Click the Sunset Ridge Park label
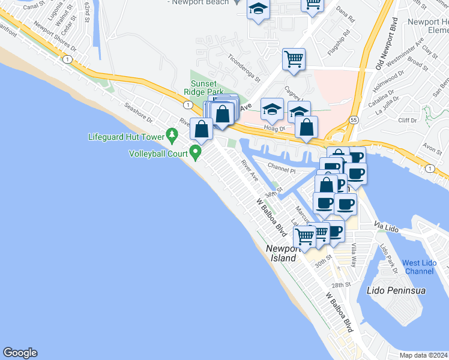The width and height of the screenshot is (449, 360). (x=207, y=88)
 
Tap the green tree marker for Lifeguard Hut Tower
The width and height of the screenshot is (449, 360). (x=173, y=136)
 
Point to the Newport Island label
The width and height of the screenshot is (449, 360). (x=282, y=253)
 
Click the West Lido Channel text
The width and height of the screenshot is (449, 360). (x=419, y=267)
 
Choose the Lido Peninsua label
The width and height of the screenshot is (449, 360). (x=396, y=291)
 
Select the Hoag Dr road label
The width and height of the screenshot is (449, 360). (x=274, y=128)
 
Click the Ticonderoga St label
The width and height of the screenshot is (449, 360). (x=244, y=68)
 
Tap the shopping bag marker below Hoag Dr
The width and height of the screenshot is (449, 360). (x=307, y=127)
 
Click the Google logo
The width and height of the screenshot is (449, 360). (x=20, y=353)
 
